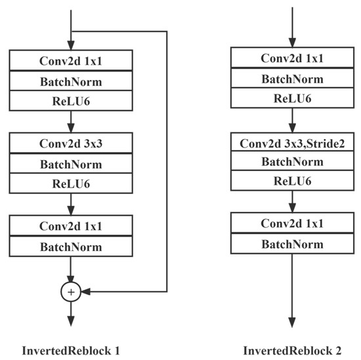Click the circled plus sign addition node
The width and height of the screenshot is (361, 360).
coord(70,290)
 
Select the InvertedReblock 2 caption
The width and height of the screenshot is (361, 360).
coord(292,350)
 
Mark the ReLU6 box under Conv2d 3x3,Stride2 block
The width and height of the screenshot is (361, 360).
coord(292,182)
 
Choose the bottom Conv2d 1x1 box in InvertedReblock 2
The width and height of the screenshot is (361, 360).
coord(292,224)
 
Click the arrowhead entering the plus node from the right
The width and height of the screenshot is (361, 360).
coord(84,290)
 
